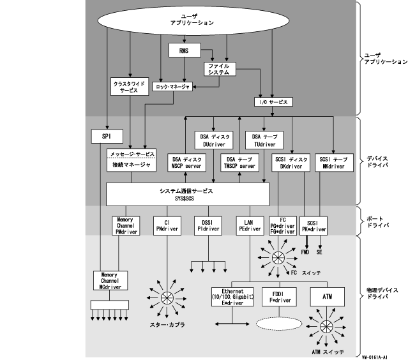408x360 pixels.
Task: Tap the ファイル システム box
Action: coord(220,69)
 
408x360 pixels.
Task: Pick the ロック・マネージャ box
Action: coord(172,87)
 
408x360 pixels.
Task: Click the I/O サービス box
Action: coord(273,102)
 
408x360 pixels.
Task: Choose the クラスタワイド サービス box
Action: coord(130,87)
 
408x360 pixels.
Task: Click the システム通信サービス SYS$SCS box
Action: coord(186,194)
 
